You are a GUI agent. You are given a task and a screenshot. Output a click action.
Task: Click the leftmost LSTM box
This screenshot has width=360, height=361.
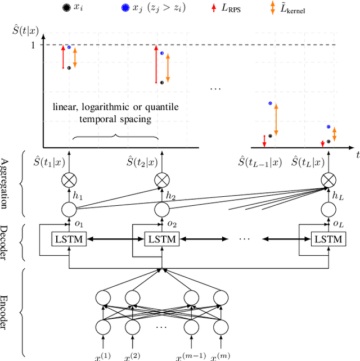(x=68, y=239)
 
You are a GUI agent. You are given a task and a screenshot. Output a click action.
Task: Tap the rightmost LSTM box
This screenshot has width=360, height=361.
(x=328, y=239)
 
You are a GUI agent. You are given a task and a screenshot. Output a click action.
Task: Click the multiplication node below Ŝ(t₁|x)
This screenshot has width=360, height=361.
(x=68, y=180)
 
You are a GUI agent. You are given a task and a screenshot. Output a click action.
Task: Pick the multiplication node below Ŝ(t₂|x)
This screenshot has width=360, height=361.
(x=161, y=180)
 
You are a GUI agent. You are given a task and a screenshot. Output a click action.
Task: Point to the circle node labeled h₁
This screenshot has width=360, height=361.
(x=68, y=209)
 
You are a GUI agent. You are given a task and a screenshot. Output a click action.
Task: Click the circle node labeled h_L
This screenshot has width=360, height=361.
(x=328, y=209)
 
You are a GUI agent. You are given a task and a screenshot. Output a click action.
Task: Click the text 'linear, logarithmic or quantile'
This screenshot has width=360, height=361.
(x=114, y=107)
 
